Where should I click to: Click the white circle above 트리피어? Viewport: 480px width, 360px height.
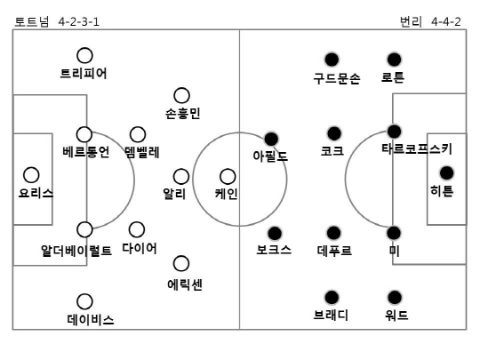84,56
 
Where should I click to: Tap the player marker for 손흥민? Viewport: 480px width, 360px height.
181,95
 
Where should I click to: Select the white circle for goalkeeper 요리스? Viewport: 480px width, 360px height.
31,175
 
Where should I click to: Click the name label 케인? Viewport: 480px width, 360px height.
227,194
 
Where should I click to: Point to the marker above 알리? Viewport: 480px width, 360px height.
181,177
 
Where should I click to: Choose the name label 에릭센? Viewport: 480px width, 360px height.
185,284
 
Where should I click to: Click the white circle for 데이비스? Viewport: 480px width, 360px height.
84,301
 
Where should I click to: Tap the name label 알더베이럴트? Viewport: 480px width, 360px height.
76,251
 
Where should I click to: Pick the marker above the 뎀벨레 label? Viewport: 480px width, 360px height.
138,135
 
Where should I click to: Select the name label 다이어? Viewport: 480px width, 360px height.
140,248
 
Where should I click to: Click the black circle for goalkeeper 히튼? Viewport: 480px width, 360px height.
446,173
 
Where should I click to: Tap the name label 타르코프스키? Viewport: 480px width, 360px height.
417,149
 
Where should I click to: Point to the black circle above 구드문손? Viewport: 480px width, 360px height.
332,60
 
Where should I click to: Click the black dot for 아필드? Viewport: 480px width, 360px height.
271,140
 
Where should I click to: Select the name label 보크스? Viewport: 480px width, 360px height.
274,250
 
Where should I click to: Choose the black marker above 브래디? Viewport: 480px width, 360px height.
332,298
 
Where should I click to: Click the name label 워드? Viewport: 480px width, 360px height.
396,315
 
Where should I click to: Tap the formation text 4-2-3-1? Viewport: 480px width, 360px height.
79,21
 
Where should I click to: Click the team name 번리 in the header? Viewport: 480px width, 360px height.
411,21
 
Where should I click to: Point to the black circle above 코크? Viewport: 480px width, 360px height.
334,133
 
